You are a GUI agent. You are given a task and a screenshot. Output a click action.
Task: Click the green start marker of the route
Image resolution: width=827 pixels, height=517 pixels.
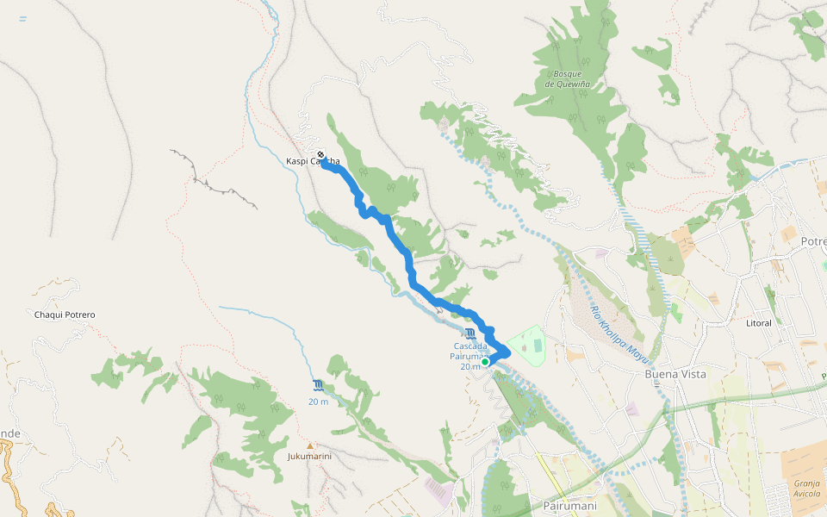485,362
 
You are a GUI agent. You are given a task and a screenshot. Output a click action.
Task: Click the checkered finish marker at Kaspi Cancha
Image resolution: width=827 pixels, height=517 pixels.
321,155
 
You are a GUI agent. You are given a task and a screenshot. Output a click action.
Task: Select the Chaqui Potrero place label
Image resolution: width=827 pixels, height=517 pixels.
65,315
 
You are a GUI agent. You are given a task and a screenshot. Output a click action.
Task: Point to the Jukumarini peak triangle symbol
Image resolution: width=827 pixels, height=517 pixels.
309,445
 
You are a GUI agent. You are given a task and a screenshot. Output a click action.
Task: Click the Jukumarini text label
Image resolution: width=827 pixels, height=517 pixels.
309,456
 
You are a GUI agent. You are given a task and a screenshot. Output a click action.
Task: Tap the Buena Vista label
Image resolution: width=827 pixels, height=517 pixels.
675,374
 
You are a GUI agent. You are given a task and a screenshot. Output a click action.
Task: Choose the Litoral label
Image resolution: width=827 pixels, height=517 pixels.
759,322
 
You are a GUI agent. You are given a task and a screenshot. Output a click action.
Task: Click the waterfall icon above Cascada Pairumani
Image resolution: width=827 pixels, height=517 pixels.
469,333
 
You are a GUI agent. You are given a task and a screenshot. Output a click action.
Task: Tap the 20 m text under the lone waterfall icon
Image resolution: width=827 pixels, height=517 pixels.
319,402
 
